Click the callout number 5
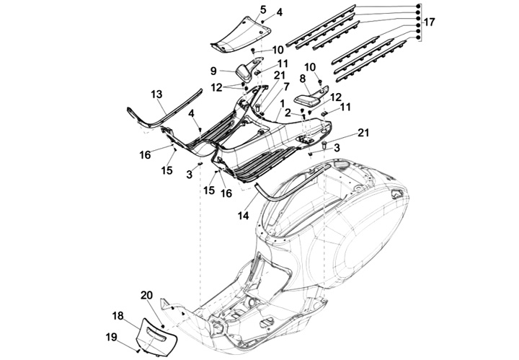[263, 9]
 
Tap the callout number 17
[430, 22]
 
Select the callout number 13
[156, 95]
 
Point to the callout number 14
[244, 216]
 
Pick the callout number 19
[112, 337]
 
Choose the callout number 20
[147, 295]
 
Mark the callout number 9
[213, 71]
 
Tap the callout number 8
[302, 79]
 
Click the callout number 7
[286, 87]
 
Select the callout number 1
[282, 104]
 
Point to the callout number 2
[288, 113]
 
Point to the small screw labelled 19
[138, 351]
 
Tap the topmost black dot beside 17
[418, 6]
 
